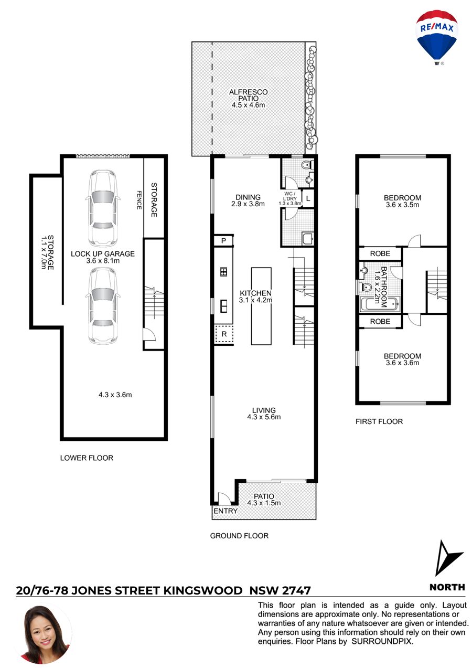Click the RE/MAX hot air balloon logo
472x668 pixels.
click(x=436, y=38)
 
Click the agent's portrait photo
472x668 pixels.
click(x=45, y=634)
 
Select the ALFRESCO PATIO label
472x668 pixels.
click(x=248, y=99)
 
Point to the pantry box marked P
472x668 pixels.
click(x=223, y=241)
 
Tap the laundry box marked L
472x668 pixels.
click(x=308, y=198)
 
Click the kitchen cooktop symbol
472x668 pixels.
click(x=223, y=272)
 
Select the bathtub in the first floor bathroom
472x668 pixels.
click(x=379, y=304)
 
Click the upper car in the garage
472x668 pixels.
click(x=102, y=208)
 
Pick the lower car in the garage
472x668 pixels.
click(x=102, y=305)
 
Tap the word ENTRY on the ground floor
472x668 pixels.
click(x=226, y=511)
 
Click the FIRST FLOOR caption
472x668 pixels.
click(x=379, y=421)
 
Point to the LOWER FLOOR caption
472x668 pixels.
click(x=87, y=458)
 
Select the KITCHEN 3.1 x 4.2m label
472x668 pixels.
click(x=256, y=296)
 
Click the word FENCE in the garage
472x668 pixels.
click(x=139, y=200)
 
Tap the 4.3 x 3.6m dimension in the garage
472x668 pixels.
click(x=115, y=395)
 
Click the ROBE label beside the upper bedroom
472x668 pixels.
click(x=380, y=253)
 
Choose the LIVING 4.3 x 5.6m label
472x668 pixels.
click(x=264, y=413)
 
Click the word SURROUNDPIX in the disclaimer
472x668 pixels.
click(x=382, y=641)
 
